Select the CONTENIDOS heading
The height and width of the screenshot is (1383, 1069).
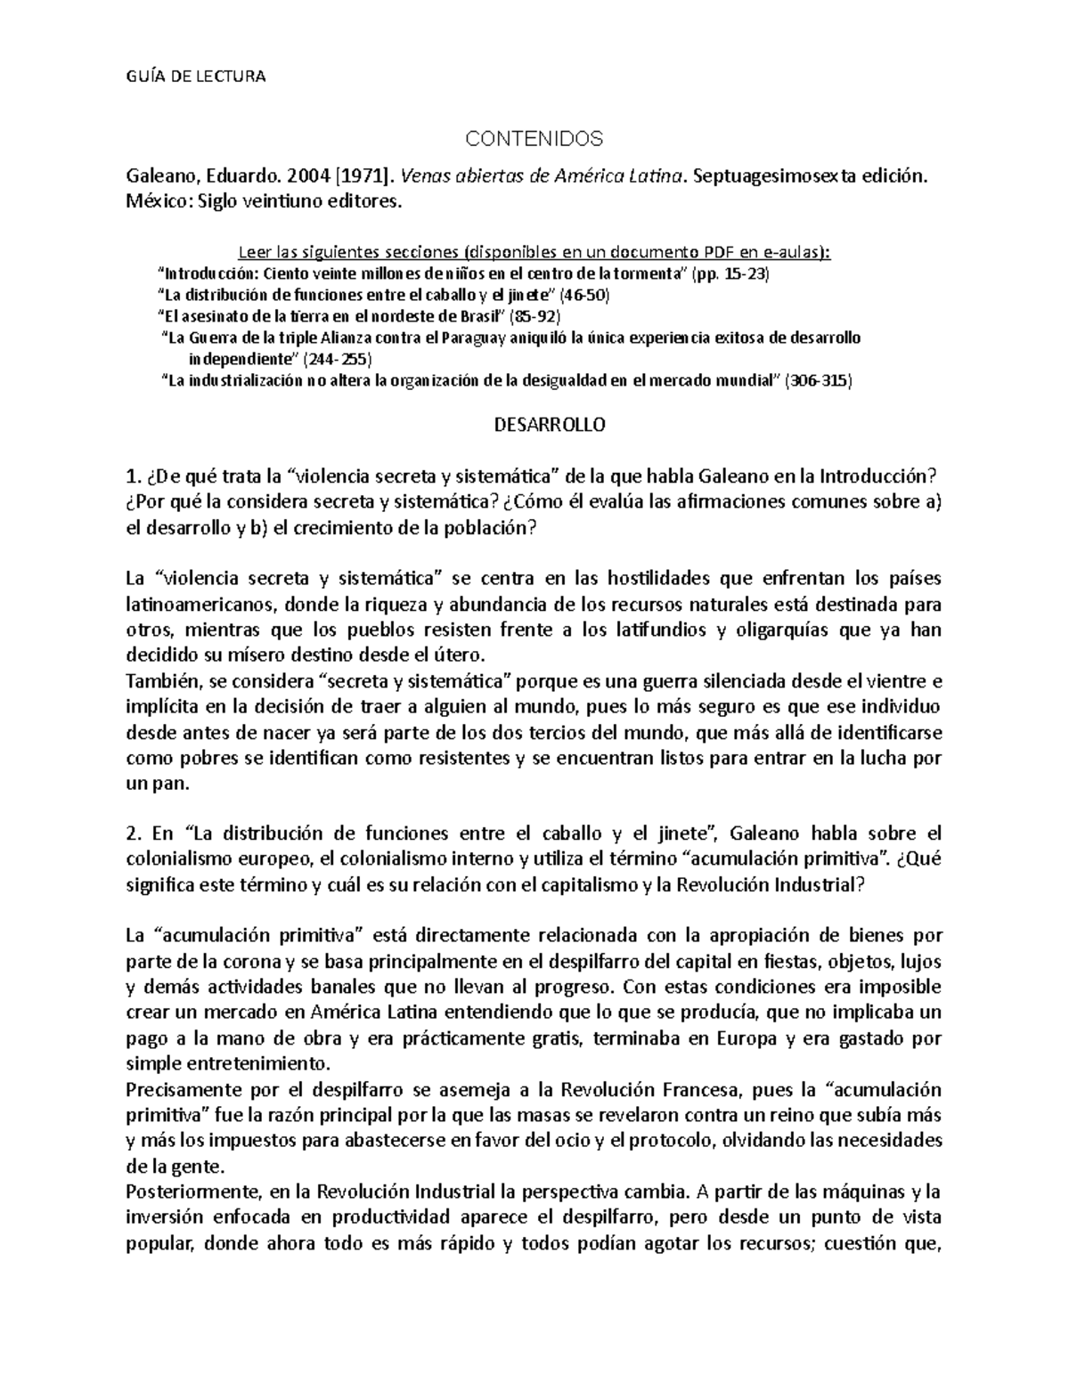[535, 138]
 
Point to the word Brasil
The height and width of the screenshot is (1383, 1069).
[488, 316]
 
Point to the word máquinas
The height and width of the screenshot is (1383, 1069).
[861, 1192]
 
